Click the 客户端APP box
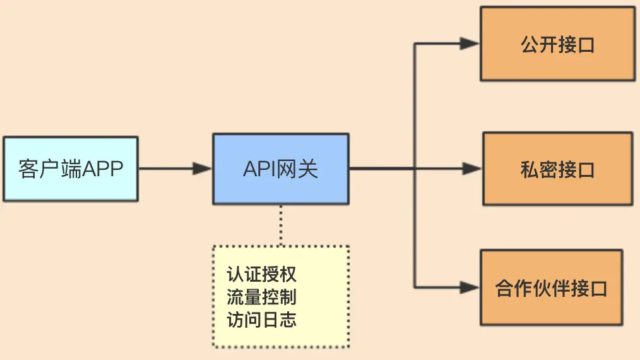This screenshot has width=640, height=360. point(71,169)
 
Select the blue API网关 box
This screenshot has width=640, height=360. point(281,169)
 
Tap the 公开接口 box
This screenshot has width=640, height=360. point(557,44)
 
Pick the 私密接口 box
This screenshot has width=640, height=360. point(557,169)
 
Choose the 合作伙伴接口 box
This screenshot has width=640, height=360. point(552,287)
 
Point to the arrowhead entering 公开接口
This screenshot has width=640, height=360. point(470,44)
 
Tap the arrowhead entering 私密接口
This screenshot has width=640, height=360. point(472,169)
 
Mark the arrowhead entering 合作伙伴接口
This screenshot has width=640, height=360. point(470,287)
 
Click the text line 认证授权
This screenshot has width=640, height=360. point(262,274)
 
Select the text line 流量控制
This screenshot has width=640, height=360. point(262,297)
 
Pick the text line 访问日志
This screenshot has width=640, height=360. point(262,320)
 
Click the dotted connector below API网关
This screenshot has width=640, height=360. point(281,225)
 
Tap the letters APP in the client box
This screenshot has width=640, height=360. point(102,169)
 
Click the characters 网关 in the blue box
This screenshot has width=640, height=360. point(297,169)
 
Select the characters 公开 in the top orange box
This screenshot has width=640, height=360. point(539,44)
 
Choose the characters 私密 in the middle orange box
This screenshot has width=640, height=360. point(539,169)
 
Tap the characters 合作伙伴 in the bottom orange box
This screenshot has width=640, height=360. point(532,288)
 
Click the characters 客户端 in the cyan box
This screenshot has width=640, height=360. point(50,169)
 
